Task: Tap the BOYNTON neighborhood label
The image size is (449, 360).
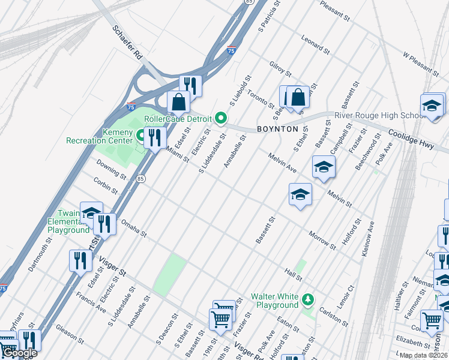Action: tap(277, 129)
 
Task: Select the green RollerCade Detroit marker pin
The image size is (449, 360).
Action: tap(221, 119)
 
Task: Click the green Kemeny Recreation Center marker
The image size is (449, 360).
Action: tap(142, 135)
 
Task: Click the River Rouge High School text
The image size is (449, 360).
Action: tap(379, 115)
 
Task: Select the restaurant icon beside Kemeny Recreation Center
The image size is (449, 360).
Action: tap(155, 137)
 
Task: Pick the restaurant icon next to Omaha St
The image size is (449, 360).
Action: tap(106, 224)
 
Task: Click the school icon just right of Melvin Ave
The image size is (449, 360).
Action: tap(323, 167)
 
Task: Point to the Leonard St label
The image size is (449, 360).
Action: tap(316, 46)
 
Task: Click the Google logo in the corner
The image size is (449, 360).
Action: tap(20, 353)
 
